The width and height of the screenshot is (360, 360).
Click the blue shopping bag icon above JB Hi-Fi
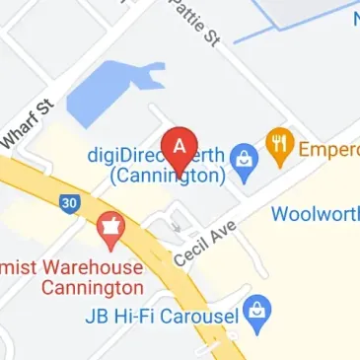coord(257,310)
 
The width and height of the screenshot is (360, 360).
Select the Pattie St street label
coord(193,24)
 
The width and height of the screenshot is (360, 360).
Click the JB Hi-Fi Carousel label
coord(163,319)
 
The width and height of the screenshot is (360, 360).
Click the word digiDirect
coord(124,156)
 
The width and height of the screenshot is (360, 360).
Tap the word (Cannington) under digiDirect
coord(168,177)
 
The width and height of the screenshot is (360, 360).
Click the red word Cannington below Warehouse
coord(93,289)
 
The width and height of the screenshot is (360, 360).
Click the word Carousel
coord(203,319)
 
